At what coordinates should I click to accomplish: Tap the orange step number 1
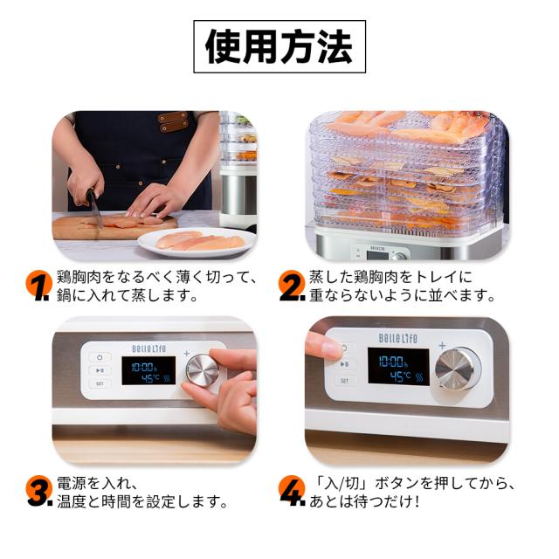[38, 285]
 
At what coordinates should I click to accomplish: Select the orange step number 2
[292, 285]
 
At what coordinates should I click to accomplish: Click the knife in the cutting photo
[93, 206]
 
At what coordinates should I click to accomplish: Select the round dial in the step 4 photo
[457, 368]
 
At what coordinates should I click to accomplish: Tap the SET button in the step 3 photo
[100, 383]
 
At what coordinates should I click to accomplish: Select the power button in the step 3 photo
[100, 356]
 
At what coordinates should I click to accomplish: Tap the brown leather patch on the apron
[173, 121]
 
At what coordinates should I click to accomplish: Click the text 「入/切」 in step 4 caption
[342, 482]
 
